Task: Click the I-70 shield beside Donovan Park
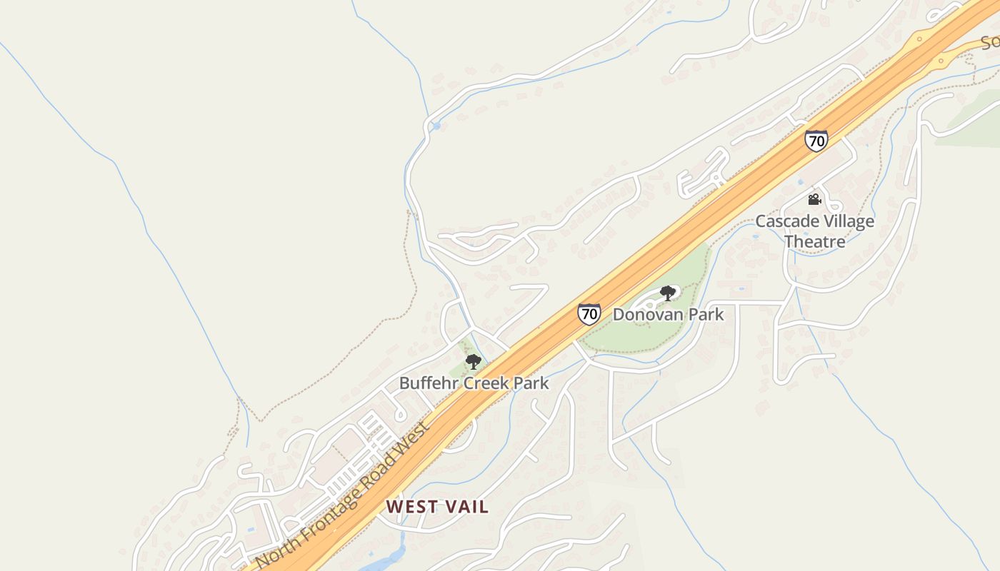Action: coord(589,313)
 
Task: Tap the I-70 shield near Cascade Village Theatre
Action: coord(816,141)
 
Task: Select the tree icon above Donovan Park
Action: coord(667,293)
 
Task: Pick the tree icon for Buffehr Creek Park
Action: coord(473,361)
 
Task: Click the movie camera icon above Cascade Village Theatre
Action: coord(814,199)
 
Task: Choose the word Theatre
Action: coord(815,241)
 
